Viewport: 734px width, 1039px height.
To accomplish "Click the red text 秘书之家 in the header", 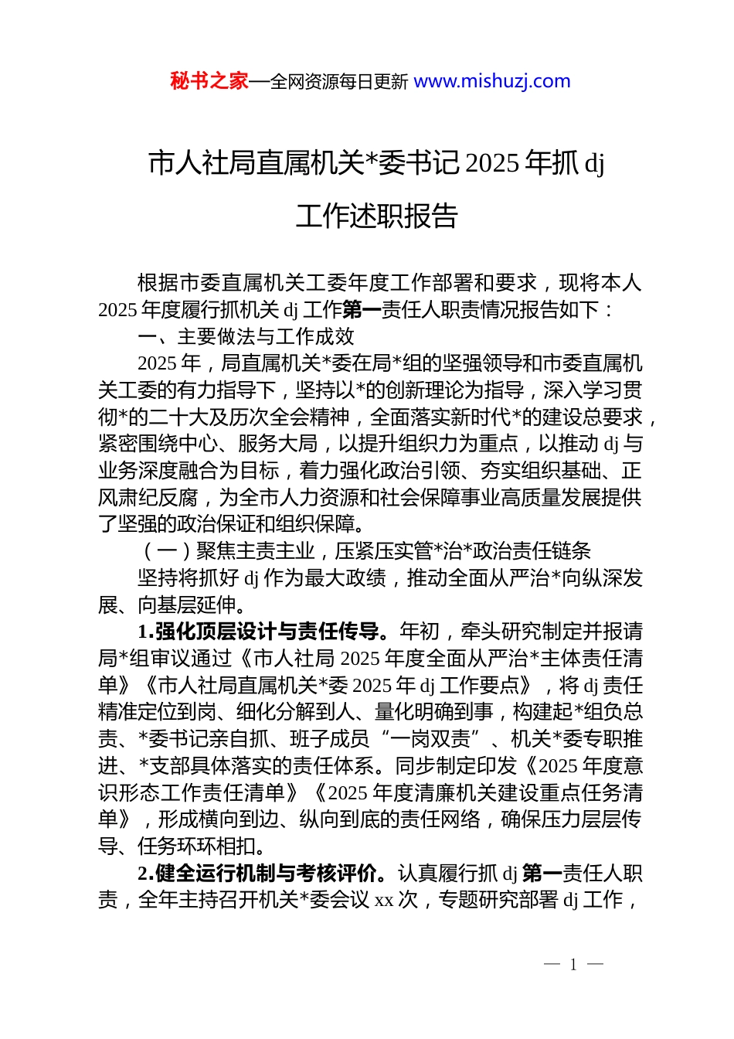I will pos(209,81).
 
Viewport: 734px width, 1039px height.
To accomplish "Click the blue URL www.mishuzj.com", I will pos(492,81).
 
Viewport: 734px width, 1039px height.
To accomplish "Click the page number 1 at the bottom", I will pos(573,964).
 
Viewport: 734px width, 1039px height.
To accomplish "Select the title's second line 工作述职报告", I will pos(377,216).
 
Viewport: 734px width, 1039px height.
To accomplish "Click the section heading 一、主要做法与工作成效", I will pos(246,336).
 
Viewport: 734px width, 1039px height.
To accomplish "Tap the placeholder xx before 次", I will pos(384,900).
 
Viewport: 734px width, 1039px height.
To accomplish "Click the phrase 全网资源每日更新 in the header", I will pos(338,81).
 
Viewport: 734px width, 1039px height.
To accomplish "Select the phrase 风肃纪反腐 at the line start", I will pos(148,498).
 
